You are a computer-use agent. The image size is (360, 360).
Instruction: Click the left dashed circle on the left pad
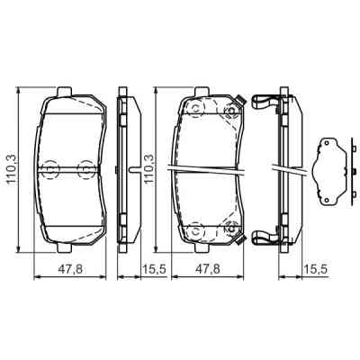pos(50,168)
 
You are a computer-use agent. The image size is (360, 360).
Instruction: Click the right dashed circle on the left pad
pos(85,168)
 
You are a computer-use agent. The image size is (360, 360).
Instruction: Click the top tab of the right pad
pos(212,91)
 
